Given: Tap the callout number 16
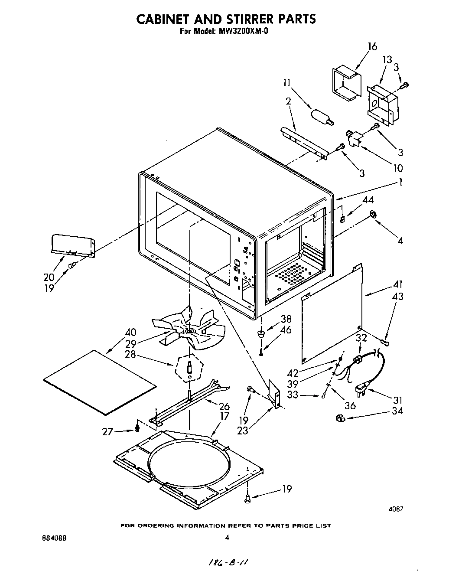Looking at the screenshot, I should click(x=372, y=46).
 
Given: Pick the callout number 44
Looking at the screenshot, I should click(x=368, y=200).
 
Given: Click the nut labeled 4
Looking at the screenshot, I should click(x=372, y=214).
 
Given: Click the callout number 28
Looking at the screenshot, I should click(x=130, y=354).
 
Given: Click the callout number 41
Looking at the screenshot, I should click(x=397, y=284).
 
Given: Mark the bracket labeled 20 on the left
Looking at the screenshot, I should click(x=72, y=246).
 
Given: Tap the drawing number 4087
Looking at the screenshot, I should click(x=396, y=509).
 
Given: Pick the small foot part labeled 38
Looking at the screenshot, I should click(x=261, y=333).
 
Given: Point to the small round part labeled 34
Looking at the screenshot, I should click(x=340, y=418).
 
